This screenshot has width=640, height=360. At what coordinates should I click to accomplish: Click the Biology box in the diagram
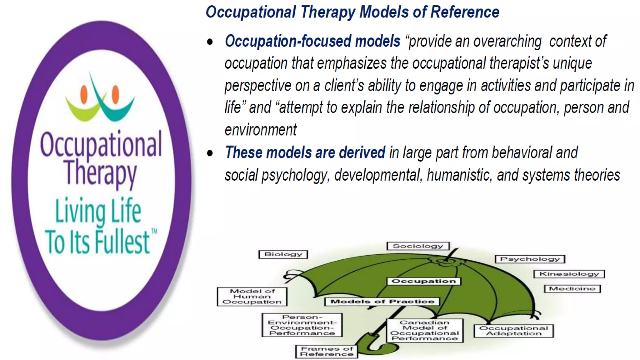click(283, 254)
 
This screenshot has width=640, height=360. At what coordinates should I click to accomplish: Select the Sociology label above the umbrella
click(418, 246)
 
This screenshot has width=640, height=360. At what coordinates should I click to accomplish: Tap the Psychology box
click(530, 259)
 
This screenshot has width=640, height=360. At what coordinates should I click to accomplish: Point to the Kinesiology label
click(569, 274)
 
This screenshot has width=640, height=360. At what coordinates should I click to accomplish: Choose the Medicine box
click(572, 289)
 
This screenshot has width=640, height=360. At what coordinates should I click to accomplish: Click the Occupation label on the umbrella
click(424, 281)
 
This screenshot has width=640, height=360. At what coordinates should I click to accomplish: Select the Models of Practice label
click(382, 302)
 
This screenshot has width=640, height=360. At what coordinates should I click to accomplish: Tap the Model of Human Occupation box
click(252, 297)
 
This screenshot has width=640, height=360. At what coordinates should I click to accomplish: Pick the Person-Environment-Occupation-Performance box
click(302, 325)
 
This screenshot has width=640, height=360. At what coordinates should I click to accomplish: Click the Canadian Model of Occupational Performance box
click(425, 330)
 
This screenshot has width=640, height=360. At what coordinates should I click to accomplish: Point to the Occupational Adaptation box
click(513, 331)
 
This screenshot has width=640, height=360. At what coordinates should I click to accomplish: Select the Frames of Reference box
click(327, 351)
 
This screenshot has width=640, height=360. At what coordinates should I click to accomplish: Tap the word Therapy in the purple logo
click(100, 173)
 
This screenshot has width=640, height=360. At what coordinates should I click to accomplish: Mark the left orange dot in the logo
click(84, 95)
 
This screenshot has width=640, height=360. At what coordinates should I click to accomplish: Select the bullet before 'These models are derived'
click(210, 153)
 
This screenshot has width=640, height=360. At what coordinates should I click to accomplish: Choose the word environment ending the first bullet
click(261, 130)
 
